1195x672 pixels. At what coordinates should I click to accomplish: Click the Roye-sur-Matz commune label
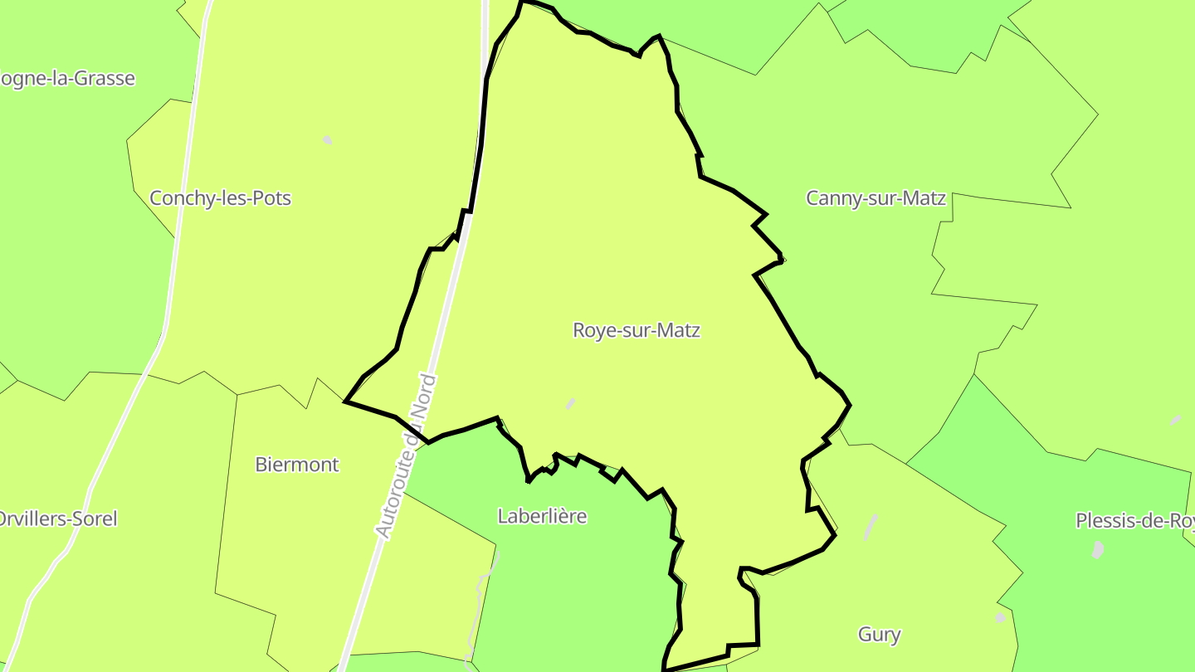pyautogui.click(x=637, y=330)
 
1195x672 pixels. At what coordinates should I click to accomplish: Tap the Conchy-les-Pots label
pyautogui.click(x=220, y=198)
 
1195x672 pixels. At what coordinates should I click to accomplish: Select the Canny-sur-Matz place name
pyautogui.click(x=876, y=198)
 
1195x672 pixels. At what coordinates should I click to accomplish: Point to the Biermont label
pyautogui.click(x=297, y=465)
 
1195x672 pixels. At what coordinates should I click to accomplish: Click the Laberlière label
pyautogui.click(x=542, y=516)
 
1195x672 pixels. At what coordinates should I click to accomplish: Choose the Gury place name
pyautogui.click(x=879, y=635)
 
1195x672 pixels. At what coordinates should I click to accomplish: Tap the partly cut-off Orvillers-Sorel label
pyautogui.click(x=58, y=519)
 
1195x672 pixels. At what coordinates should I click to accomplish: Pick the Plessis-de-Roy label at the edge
pyautogui.click(x=1134, y=521)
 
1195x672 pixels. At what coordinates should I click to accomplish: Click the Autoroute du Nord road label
pyautogui.click(x=406, y=456)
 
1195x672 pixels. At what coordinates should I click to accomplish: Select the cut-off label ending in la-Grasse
pyautogui.click(x=66, y=79)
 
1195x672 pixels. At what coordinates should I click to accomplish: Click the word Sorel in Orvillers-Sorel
pyautogui.click(x=95, y=519)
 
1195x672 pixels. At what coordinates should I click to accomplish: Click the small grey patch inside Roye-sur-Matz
pyautogui.click(x=570, y=403)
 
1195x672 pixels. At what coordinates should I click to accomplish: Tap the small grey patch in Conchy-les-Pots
pyautogui.click(x=327, y=140)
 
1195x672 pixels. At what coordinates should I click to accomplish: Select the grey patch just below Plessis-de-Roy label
pyautogui.click(x=1098, y=549)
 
